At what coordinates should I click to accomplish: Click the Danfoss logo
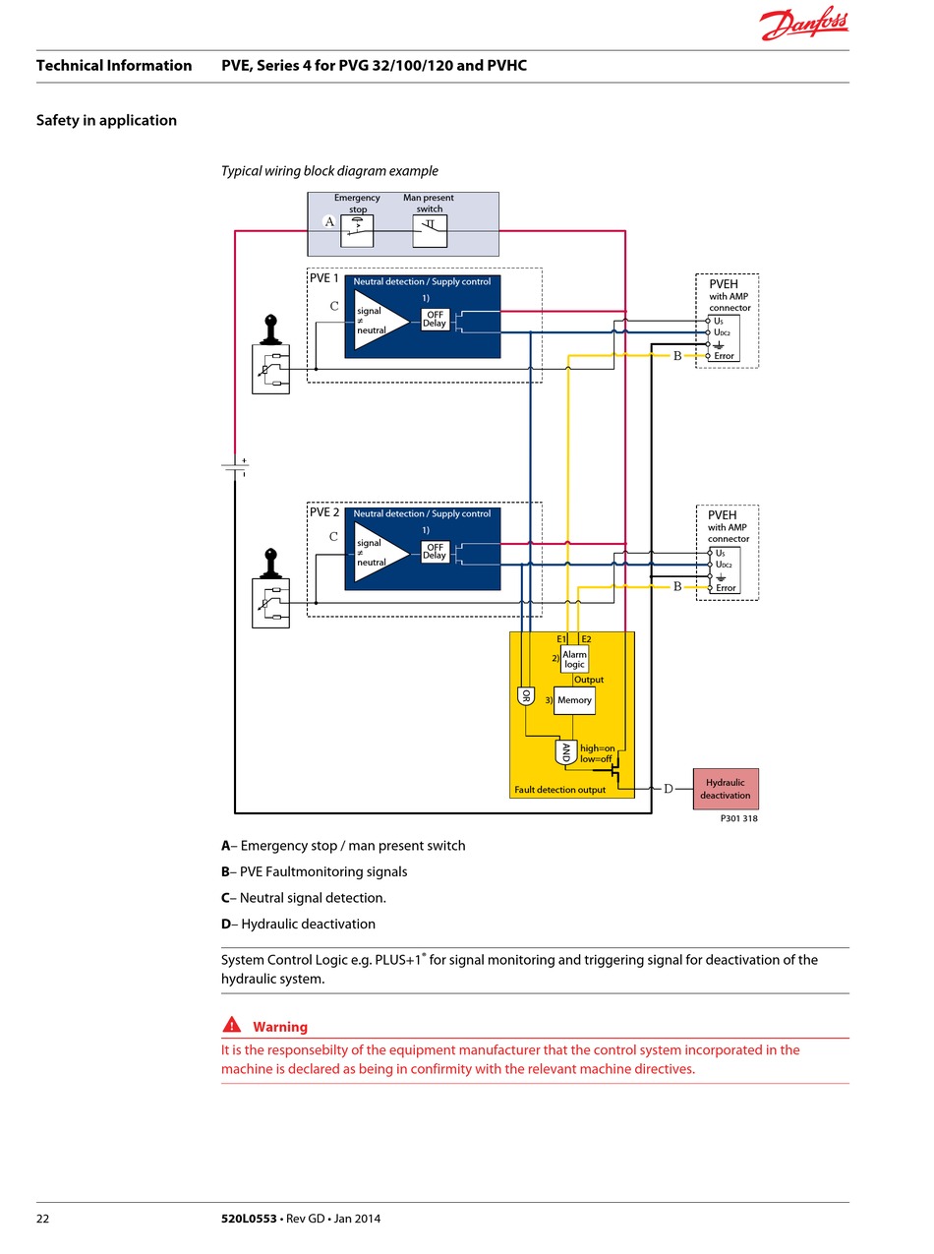click(803, 24)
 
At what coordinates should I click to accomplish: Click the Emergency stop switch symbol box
click(357, 231)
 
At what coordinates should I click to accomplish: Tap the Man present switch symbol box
click(430, 231)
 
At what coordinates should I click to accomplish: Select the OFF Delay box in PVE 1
click(435, 320)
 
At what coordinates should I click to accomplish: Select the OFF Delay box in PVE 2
click(435, 551)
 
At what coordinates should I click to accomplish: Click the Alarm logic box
click(574, 659)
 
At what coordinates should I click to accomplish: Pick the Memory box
click(574, 700)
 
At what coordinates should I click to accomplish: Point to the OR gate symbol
click(526, 696)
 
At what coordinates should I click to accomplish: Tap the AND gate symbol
click(565, 751)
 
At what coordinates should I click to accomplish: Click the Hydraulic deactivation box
click(726, 789)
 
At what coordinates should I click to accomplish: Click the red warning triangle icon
click(232, 1024)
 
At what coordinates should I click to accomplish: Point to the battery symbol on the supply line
click(235, 467)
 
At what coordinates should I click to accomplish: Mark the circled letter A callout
click(329, 221)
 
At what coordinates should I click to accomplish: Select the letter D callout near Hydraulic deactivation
click(669, 789)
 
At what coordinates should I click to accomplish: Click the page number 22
click(43, 1219)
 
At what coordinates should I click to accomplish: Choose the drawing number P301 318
click(739, 818)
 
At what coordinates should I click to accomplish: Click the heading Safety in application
click(106, 120)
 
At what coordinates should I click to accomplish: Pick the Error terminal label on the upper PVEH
click(724, 356)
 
